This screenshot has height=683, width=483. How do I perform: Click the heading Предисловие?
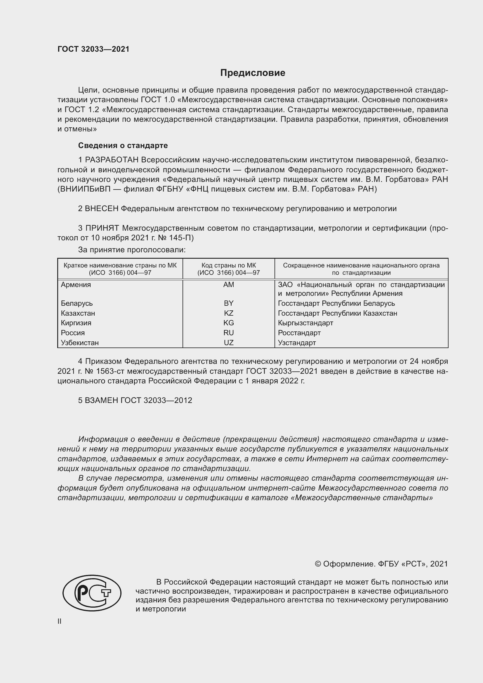point(253,73)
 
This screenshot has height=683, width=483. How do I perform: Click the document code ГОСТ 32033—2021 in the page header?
point(93,49)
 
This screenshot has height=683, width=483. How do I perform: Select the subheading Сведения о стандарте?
point(123,145)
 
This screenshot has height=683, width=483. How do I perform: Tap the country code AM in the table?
point(228,285)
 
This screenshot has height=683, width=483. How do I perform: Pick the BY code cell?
point(228,303)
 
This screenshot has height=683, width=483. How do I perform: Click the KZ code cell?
point(228,313)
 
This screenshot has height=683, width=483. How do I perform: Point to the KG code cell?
point(228,323)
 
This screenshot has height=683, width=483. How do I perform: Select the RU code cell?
point(228,333)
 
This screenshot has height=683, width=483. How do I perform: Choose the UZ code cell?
point(228,343)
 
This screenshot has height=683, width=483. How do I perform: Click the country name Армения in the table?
point(76,285)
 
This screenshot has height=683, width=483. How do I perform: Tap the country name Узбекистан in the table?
point(80,343)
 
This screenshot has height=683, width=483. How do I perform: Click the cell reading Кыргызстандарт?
point(305,323)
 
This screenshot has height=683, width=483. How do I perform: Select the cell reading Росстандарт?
point(299,333)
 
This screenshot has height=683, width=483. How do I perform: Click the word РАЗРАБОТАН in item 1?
point(112,160)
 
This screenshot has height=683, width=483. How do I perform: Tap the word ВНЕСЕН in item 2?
point(101,208)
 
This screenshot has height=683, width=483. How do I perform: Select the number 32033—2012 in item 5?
point(168,400)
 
